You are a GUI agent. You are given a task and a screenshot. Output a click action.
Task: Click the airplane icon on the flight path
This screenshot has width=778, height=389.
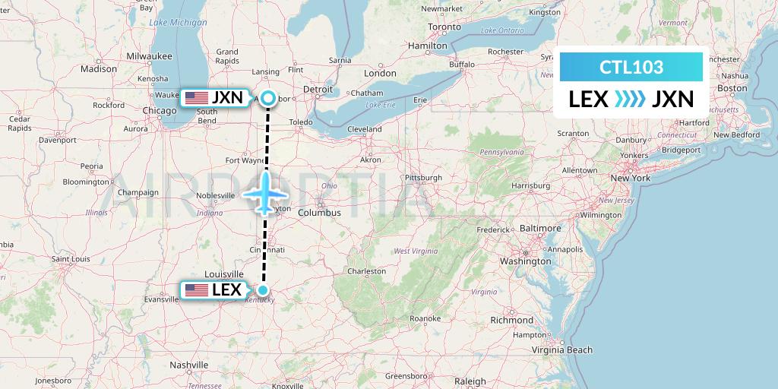click(265, 193)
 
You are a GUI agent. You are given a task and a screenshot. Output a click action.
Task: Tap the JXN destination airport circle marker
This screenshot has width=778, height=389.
click(268, 97)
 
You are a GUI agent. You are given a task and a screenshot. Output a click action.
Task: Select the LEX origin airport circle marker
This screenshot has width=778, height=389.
click(263, 289)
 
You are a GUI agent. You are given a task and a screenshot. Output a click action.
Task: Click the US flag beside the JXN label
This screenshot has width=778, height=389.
click(197, 97)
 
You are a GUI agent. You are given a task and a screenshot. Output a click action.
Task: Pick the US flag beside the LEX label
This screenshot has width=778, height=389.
click(197, 289)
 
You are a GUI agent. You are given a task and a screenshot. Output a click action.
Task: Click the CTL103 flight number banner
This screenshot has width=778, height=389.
click(631, 67)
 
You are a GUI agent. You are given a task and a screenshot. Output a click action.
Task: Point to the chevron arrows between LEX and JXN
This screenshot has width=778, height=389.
click(630, 99)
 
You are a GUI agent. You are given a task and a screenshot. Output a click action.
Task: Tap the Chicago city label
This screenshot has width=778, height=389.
click(159, 111)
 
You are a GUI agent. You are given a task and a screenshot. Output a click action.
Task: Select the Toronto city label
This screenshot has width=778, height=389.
click(444, 27)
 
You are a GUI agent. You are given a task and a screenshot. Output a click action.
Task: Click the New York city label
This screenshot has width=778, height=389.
click(631, 179)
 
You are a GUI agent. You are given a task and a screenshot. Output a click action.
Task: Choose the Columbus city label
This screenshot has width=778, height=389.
click(319, 213)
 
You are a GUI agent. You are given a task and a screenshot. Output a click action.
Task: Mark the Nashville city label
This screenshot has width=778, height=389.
click(189, 365)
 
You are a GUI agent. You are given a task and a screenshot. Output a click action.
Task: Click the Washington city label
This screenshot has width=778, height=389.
click(524, 261)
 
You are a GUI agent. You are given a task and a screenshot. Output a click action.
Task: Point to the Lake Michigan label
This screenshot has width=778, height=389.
click(179, 23)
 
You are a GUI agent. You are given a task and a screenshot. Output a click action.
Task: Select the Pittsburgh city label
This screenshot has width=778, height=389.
click(423, 178)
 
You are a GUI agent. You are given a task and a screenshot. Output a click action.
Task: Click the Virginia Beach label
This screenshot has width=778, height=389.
click(561, 349)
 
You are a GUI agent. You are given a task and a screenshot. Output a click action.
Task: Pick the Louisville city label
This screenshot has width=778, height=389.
click(223, 274)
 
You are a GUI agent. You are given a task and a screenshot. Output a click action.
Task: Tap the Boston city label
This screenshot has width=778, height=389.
click(732, 88)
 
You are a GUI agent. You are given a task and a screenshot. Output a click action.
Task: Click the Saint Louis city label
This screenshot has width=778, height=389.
click(71, 259)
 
